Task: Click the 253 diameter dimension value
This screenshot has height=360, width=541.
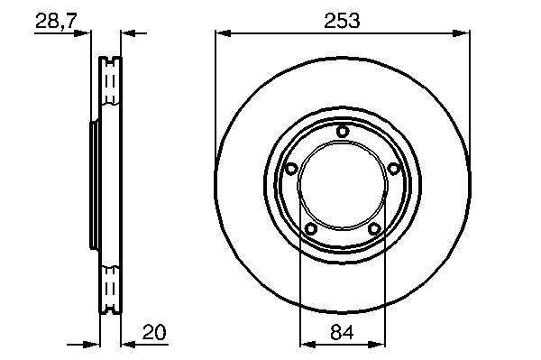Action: coord(342,21)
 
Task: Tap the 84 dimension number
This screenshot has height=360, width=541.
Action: coord(342,333)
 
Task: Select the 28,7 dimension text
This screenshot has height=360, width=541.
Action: coord(56,22)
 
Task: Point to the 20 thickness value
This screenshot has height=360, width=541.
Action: coord(154,332)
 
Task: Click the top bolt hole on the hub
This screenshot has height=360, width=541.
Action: coord(343,132)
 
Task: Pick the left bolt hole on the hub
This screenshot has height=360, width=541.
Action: coord(292,169)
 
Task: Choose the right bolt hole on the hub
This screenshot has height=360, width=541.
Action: coord(393,169)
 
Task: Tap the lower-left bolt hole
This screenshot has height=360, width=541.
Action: coord(311,228)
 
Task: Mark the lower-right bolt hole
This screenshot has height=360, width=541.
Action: coord(374,228)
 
